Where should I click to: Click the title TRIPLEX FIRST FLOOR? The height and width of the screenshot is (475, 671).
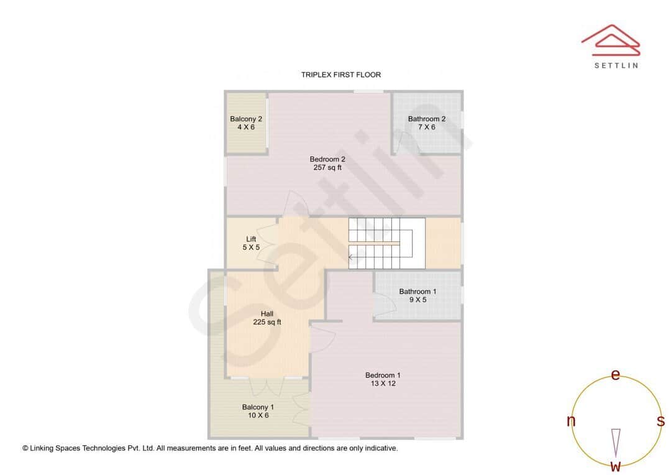340,75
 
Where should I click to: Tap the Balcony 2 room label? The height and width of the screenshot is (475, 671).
246,119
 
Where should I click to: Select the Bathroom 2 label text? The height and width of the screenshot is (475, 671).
427,119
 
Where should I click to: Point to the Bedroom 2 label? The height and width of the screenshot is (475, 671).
327,159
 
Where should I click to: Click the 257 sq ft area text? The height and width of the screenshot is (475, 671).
327,167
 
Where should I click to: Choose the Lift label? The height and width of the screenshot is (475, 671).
251,239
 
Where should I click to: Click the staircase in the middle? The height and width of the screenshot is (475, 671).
386,243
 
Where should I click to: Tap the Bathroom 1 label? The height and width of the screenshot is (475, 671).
418,292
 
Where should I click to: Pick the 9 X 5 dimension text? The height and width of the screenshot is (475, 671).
418,300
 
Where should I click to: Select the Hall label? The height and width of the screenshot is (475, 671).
267,314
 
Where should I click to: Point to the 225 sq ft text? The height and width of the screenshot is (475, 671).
267,322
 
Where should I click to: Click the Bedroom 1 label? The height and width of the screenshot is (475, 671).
383,375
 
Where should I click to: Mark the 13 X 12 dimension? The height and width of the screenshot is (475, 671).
383,384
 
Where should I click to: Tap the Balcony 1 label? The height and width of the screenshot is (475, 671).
258,407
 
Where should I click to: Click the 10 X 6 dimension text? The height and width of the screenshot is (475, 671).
258,415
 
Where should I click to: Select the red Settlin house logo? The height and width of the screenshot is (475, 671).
611,39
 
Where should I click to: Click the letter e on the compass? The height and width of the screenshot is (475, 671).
616,375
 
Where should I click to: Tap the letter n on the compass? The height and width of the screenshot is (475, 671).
571,421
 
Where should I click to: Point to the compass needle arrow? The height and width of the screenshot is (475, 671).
616,442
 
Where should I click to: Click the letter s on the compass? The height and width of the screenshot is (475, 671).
660,421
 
